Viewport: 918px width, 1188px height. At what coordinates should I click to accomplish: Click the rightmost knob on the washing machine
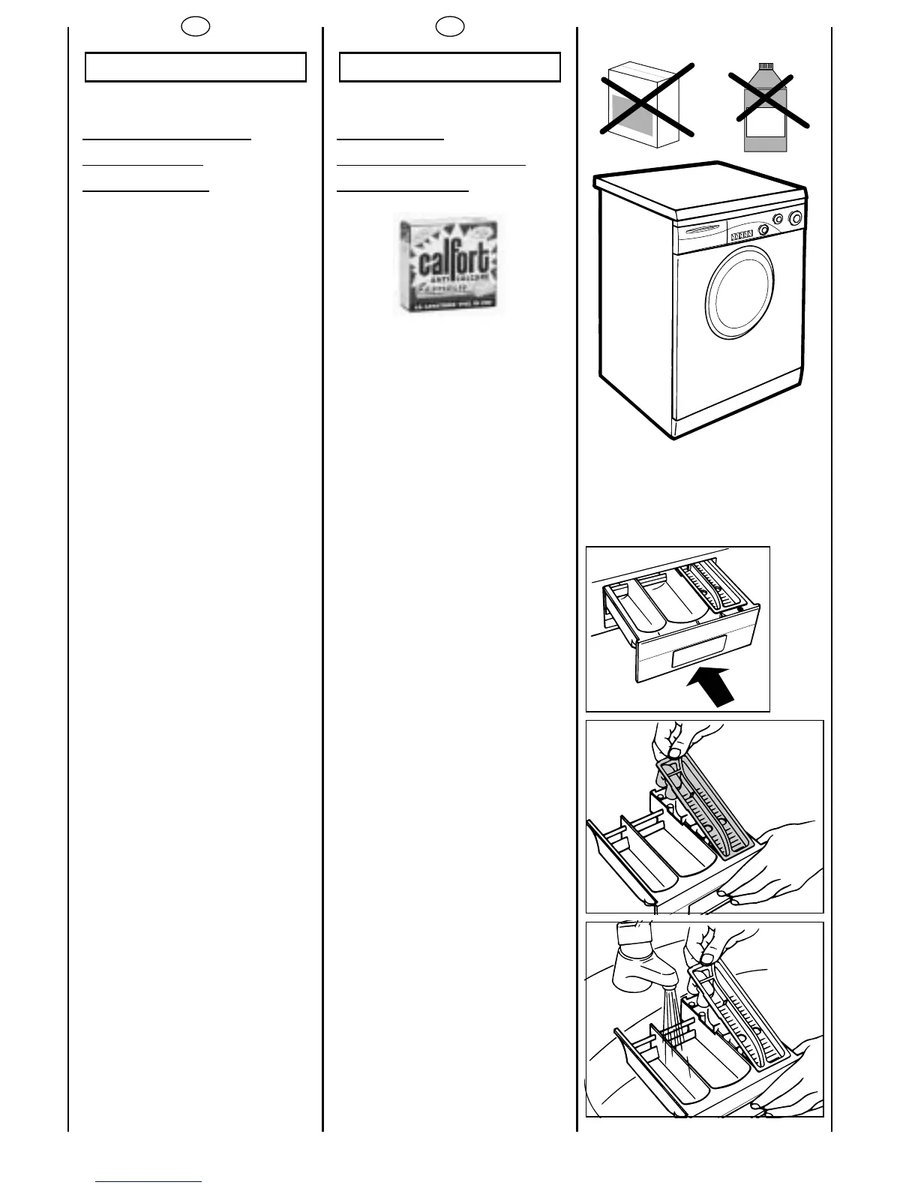coord(795,218)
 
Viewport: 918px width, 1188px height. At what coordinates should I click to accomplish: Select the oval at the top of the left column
coord(196,27)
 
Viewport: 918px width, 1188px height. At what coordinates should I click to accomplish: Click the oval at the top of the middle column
coord(450,27)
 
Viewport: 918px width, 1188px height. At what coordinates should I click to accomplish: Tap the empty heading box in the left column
coord(196,67)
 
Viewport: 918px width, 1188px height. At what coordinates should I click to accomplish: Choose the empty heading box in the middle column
coord(450,67)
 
